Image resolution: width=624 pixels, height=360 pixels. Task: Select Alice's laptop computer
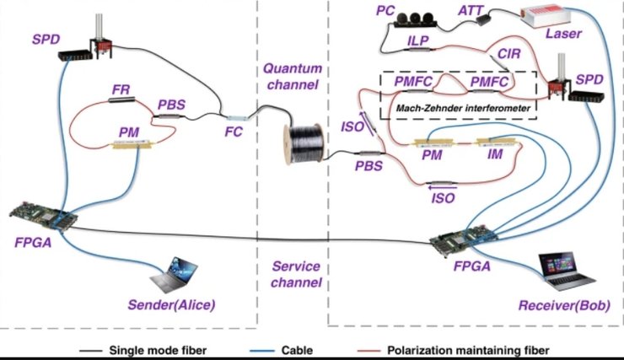point(174,276)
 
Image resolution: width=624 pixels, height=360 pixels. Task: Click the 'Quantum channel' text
point(292,76)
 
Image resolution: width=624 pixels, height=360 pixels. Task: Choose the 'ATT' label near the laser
point(470,11)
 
